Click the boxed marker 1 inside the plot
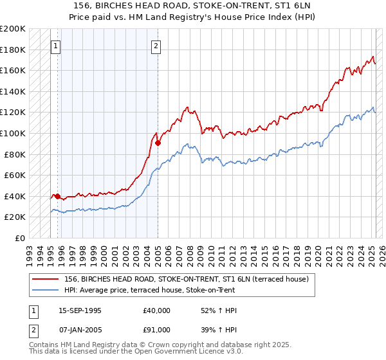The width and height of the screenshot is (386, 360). click(56, 46)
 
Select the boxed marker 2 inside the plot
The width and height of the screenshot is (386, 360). click(156, 46)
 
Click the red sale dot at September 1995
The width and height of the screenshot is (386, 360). click(57, 196)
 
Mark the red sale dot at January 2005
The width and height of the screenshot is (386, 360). click(157, 143)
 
